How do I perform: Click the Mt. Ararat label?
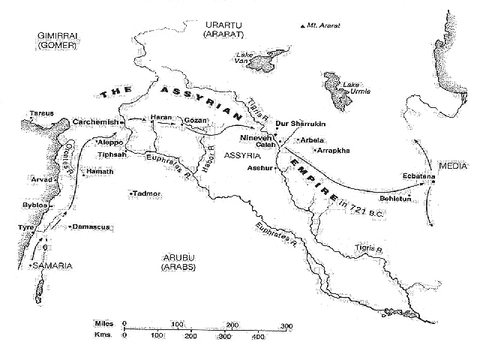point(323,25)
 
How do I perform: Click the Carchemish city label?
point(95,121)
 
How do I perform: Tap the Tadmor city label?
point(147,193)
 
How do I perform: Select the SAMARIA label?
point(52,266)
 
